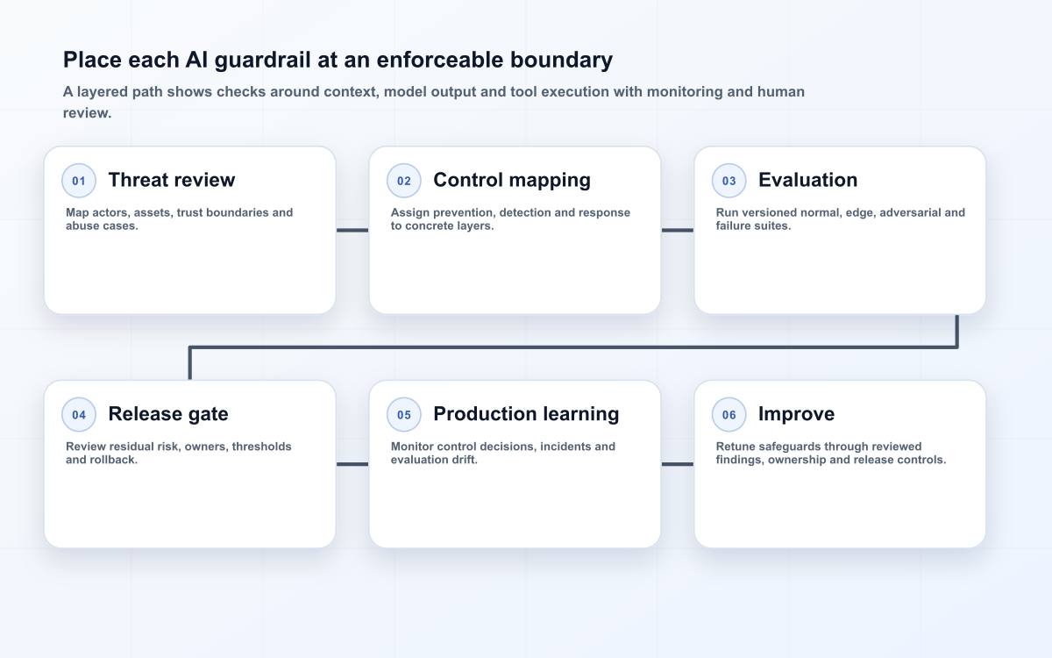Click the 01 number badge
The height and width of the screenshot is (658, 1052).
point(79,181)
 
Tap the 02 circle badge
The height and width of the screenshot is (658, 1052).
point(404,181)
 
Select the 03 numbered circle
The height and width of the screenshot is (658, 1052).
point(729,181)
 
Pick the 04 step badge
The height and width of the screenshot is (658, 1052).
point(79,414)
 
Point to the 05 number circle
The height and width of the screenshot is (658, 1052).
point(404,414)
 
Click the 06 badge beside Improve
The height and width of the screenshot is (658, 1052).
point(729,414)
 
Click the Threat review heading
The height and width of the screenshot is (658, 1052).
point(172,180)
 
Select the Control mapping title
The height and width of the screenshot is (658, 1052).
point(512,181)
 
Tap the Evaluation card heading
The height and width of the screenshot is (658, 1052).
point(807,180)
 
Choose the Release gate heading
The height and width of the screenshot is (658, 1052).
point(168,414)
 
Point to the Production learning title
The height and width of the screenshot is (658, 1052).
point(526,414)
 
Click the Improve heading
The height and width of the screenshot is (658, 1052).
point(797,414)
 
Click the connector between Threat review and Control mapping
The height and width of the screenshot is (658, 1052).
point(352,230)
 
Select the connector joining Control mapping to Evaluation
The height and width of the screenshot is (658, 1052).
point(677,230)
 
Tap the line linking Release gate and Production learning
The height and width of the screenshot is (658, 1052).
point(352,464)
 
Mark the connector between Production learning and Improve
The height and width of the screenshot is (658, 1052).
point(677,464)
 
